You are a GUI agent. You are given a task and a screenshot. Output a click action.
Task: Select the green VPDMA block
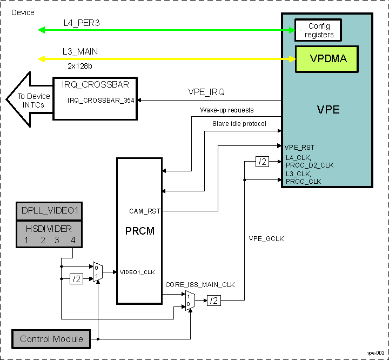(x=327, y=58)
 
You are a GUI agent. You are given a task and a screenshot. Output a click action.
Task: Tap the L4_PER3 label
(x=81, y=23)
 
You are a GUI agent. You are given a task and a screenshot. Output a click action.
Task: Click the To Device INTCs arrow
(x=30, y=100)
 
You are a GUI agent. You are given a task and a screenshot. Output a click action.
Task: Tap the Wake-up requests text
(x=227, y=110)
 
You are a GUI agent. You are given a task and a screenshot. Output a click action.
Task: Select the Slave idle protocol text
(x=239, y=124)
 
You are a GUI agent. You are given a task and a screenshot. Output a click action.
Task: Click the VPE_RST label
(x=299, y=147)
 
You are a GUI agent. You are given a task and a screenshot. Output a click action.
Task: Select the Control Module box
(x=51, y=339)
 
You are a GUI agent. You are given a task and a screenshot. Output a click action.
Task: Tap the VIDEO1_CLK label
(x=137, y=272)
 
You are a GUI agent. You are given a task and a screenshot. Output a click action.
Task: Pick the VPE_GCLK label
(x=266, y=238)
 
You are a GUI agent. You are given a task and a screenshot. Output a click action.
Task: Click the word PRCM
(x=139, y=231)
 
